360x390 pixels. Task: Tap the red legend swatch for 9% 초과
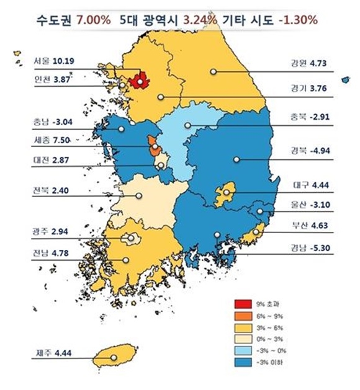(243, 303)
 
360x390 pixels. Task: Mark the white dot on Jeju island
(114, 357)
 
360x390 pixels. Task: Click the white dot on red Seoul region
(142, 80)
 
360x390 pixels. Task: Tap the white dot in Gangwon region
(213, 72)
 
